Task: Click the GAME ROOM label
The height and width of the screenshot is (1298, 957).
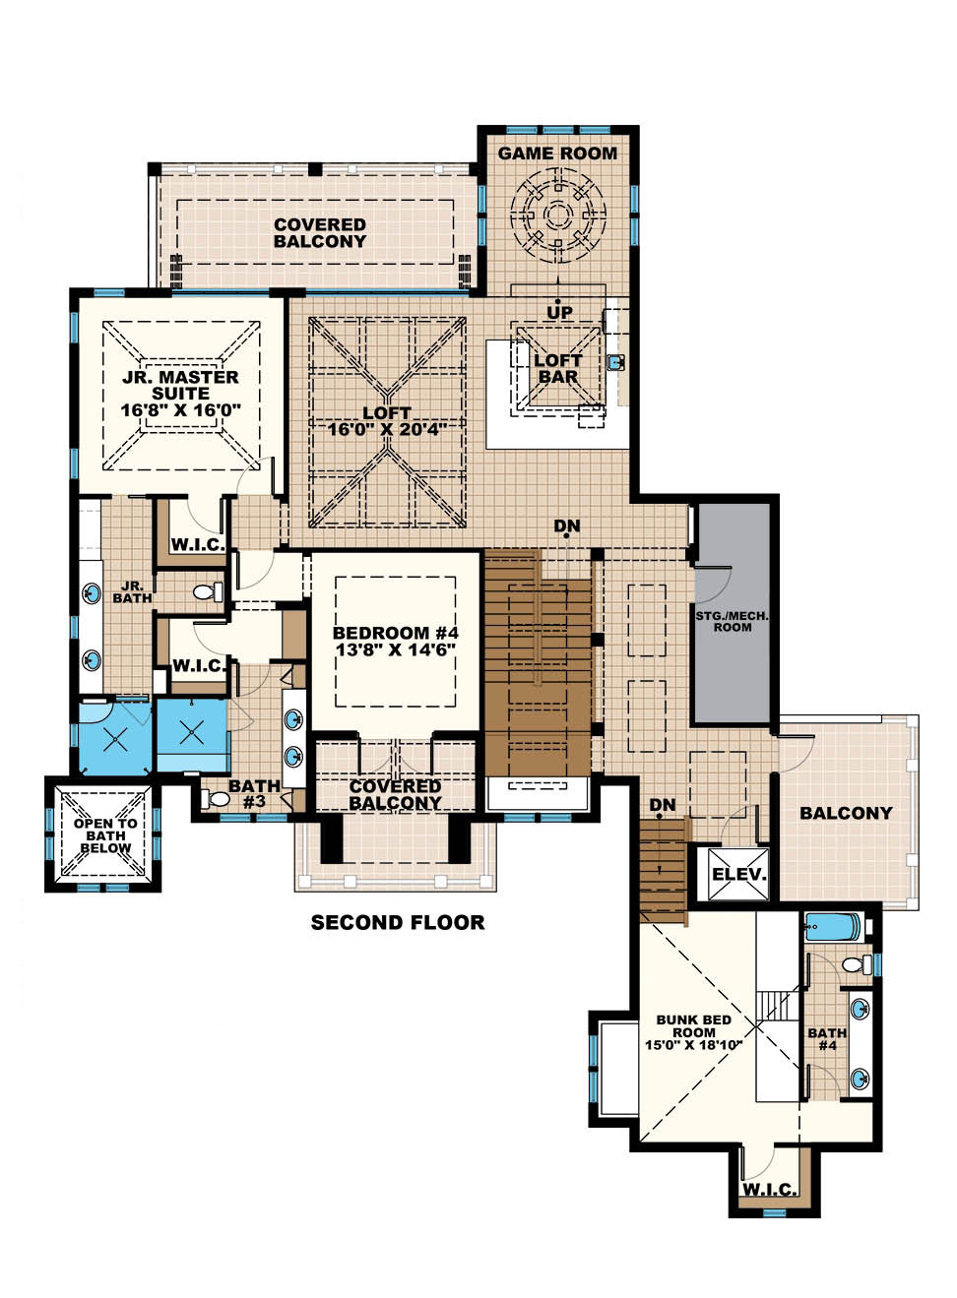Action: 557,154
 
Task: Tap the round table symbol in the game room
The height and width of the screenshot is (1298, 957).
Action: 558,216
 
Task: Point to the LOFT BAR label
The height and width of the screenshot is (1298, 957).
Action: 557,368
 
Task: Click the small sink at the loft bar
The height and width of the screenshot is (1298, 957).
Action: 617,362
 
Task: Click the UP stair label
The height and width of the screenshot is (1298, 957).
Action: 559,313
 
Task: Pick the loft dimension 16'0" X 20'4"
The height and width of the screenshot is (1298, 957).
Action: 387,429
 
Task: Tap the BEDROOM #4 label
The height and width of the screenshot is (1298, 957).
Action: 395,633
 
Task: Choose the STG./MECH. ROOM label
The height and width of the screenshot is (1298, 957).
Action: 732,621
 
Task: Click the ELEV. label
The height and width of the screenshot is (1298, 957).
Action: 738,874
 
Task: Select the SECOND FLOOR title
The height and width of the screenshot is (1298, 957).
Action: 398,923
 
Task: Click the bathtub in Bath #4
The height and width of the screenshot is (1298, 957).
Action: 833,927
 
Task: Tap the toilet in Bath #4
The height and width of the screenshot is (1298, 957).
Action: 857,964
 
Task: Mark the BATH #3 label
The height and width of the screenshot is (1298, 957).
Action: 254,794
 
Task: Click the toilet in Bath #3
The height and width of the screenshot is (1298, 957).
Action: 218,798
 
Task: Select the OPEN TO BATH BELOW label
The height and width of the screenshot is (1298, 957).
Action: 105,835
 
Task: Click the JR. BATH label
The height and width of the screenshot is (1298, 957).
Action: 132,591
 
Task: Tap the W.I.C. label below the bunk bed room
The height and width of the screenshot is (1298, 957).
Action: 769,1190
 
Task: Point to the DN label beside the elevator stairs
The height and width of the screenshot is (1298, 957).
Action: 663,805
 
